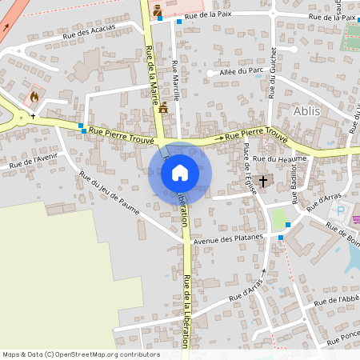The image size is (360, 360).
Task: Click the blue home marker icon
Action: (180, 173)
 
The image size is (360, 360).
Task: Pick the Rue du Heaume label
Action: (274, 159)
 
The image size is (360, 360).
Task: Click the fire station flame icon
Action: (34, 97)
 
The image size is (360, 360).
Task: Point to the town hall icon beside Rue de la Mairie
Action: (164, 106)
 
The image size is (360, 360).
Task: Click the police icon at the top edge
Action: (157, 10)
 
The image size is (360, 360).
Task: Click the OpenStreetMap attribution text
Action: (81, 354)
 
